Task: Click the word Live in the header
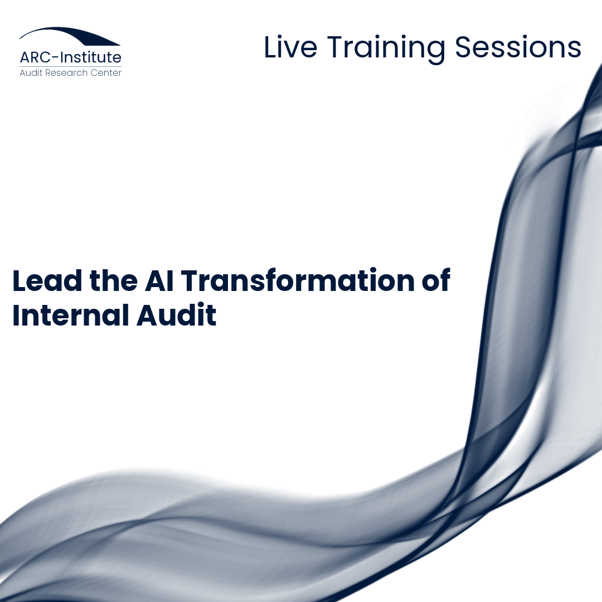click(290, 47)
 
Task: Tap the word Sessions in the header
click(518, 47)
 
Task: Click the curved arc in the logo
click(70, 35)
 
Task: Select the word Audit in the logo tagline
click(31, 72)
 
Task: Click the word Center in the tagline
click(106, 72)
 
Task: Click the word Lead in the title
click(47, 280)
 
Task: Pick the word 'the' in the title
click(114, 280)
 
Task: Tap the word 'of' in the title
click(436, 280)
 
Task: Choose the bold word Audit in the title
click(177, 315)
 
